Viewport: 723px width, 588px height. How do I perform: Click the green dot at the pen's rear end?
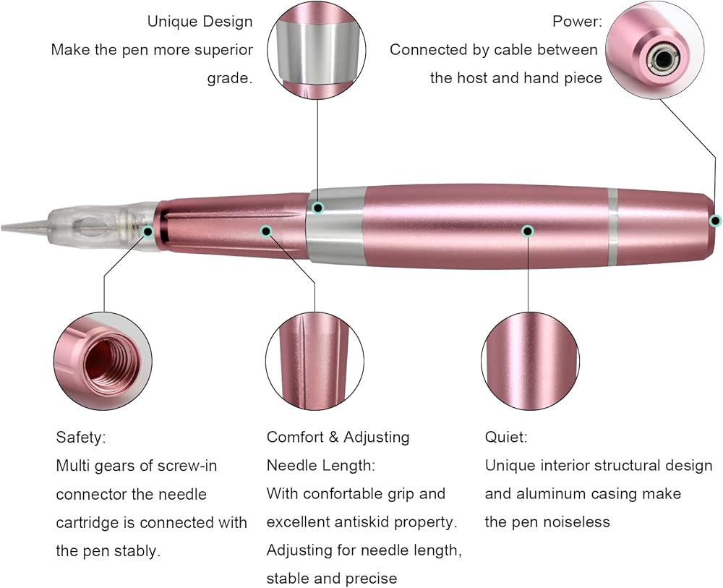pyautogui.click(x=715, y=221)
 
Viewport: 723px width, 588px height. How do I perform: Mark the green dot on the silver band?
pyautogui.click(x=317, y=208)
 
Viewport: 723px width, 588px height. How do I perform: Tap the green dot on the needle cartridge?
pyautogui.click(x=148, y=231)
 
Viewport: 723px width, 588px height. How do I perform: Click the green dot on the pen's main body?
pyautogui.click(x=529, y=231)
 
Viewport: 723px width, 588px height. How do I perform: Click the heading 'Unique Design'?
pyautogui.click(x=200, y=21)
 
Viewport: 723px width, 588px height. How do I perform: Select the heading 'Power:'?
pyautogui.click(x=577, y=21)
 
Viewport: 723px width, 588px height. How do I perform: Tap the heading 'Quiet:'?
pyautogui.click(x=505, y=438)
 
